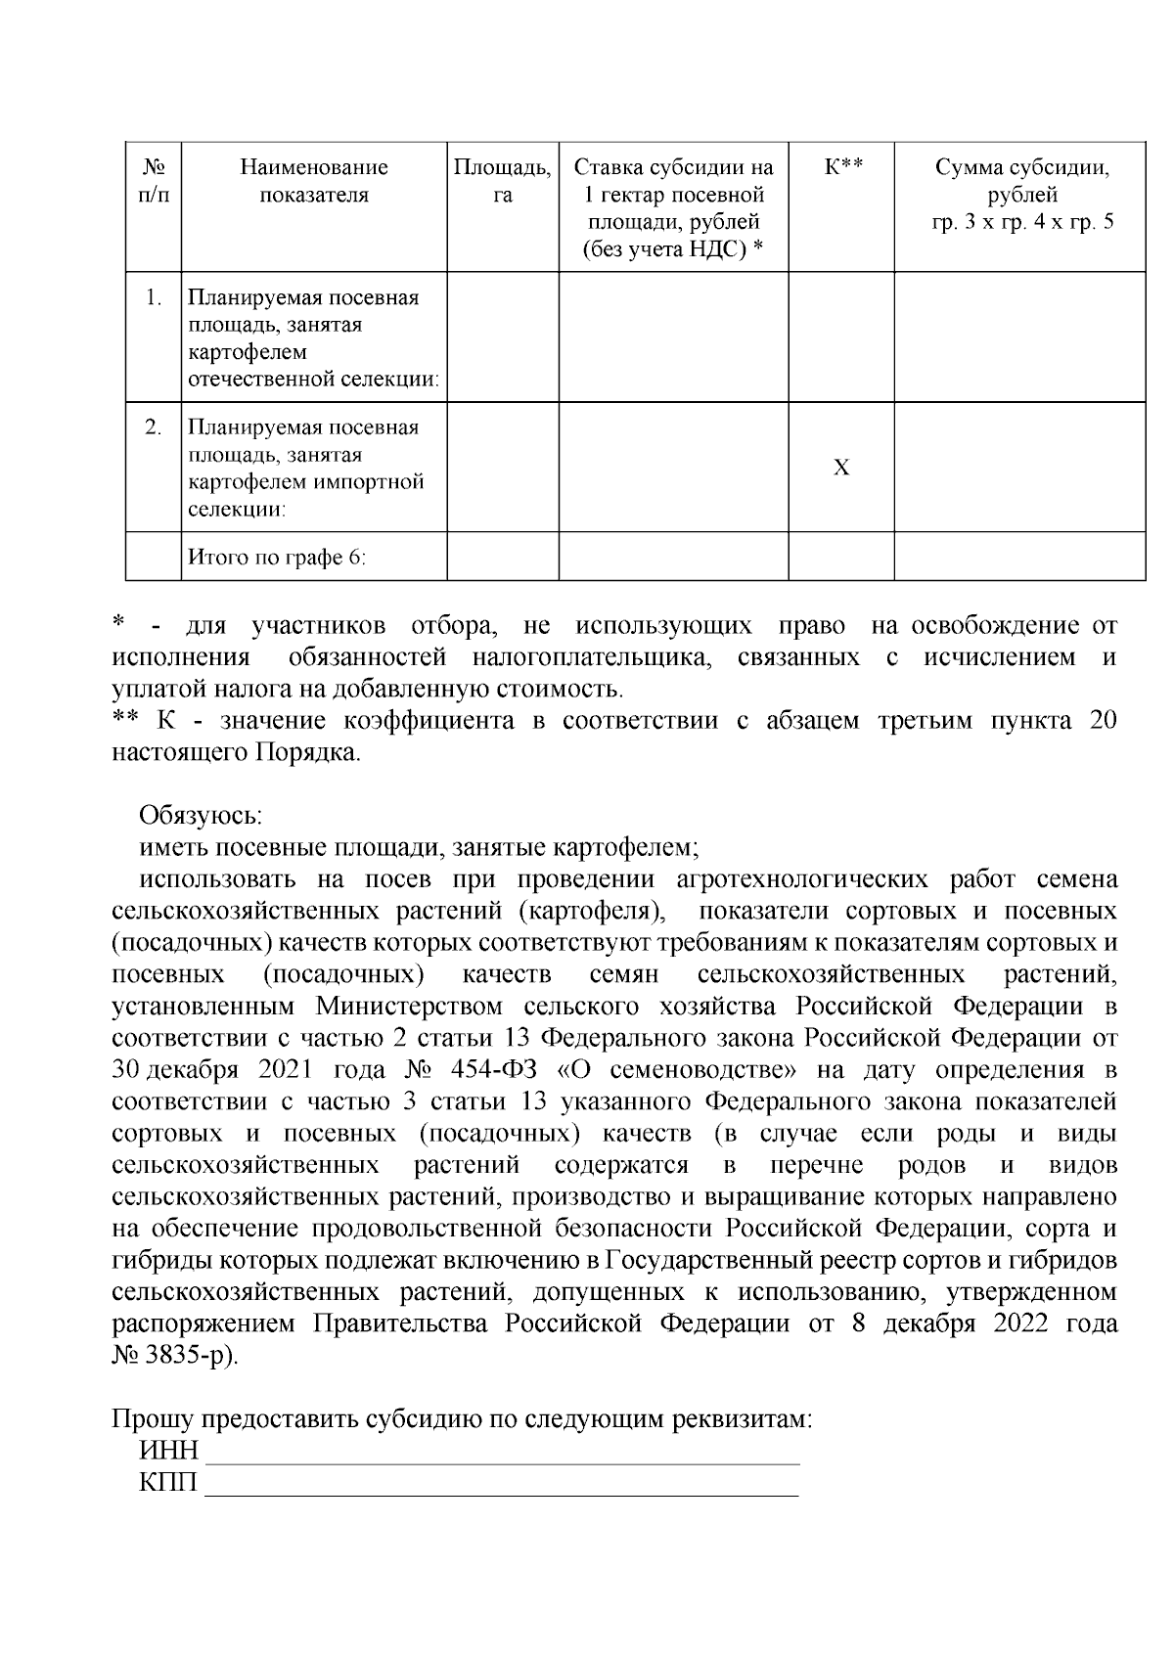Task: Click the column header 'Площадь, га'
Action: coord(502,181)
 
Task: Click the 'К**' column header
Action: coord(840,167)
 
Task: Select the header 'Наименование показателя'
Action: coord(314,181)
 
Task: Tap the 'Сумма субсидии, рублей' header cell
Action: coord(1021,194)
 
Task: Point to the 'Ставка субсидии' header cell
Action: coord(673,207)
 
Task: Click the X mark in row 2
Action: coord(840,469)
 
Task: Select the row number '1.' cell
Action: coord(153,297)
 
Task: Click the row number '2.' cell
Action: coord(153,427)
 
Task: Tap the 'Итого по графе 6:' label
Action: coord(277,558)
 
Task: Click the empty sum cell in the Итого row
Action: coord(1019,558)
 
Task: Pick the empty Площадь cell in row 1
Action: coord(502,336)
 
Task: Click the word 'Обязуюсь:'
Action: coord(201,815)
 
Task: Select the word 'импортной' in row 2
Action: coord(378,481)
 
